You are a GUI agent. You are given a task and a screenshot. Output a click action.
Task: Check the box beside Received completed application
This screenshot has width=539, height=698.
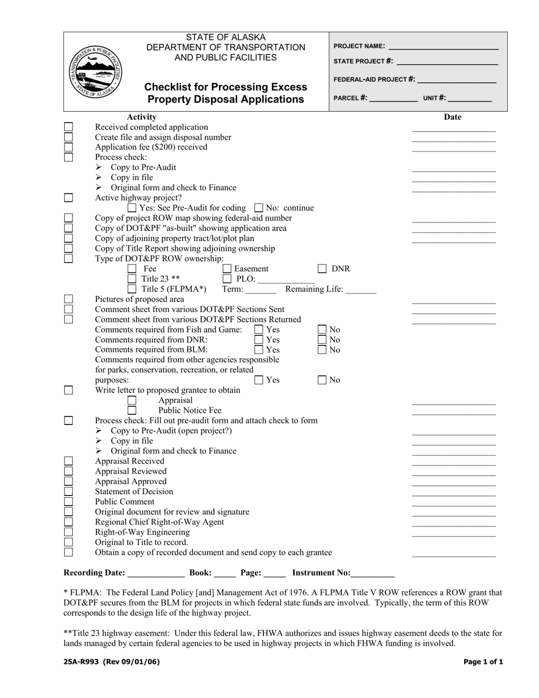click(69, 127)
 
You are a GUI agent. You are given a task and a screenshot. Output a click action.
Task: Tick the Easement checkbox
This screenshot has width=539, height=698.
click(227, 269)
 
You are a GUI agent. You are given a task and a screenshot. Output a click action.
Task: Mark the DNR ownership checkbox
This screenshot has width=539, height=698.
click(322, 269)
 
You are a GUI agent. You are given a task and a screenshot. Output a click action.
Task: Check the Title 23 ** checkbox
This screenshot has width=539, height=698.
click(132, 279)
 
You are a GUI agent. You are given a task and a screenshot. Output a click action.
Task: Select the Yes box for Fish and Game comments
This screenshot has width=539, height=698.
click(259, 329)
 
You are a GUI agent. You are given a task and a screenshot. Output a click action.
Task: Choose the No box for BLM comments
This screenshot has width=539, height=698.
click(322, 350)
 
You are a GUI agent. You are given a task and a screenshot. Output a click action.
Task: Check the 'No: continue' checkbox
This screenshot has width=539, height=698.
click(259, 208)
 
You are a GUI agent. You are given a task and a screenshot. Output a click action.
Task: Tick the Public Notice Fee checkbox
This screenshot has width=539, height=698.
click(132, 410)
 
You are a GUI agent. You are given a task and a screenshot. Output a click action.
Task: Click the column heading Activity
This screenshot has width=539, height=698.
click(141, 117)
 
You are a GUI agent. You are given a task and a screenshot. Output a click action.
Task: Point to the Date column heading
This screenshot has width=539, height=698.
click(452, 117)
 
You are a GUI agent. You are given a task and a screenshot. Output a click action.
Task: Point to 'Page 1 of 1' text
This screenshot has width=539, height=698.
click(483, 662)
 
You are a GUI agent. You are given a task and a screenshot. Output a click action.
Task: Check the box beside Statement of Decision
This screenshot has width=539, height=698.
click(69, 491)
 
